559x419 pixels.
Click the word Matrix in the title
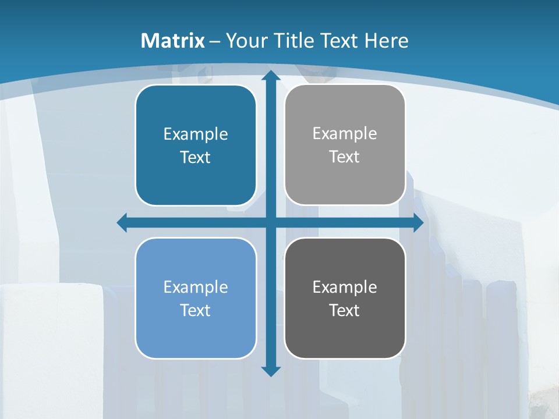coord(173,41)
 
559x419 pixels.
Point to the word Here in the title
coord(387,41)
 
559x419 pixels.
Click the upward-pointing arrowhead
coord(270,76)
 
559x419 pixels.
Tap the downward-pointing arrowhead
coord(270,371)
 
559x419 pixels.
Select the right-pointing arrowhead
coord(418,222)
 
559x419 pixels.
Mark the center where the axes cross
coord(270,222)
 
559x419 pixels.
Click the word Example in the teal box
coord(196,134)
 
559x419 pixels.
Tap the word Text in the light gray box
coord(345,157)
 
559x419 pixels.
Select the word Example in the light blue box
coord(196,287)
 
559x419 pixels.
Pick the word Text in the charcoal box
coord(345,311)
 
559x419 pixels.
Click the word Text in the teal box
coord(196,158)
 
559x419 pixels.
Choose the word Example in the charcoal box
coord(345,287)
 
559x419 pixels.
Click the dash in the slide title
coord(215,41)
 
